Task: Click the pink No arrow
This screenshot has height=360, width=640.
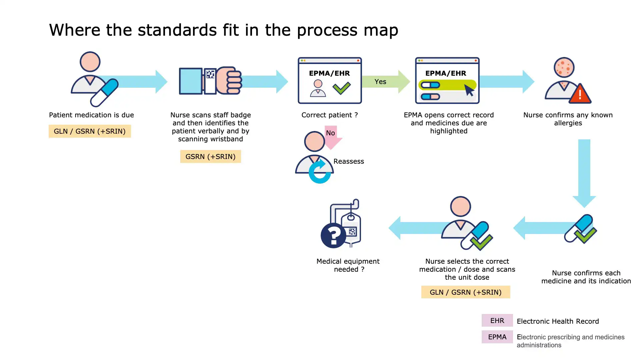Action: pyautogui.click(x=332, y=136)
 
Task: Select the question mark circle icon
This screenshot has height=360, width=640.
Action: pyautogui.click(x=333, y=235)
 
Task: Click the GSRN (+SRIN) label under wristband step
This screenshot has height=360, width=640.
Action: pyautogui.click(x=210, y=157)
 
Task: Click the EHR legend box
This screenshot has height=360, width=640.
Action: pyautogui.click(x=497, y=321)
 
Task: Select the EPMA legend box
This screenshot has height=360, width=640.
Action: pyautogui.click(x=497, y=337)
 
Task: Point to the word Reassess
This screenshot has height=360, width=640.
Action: pyautogui.click(x=349, y=161)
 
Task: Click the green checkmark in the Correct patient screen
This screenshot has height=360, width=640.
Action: pyautogui.click(x=342, y=88)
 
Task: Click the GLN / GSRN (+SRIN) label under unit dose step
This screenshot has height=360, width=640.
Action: pyautogui.click(x=465, y=292)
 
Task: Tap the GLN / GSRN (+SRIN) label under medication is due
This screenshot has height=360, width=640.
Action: pyautogui.click(x=90, y=131)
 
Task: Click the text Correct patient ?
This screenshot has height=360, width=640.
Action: pyautogui.click(x=329, y=115)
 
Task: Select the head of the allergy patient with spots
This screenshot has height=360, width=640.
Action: pyautogui.click(x=564, y=67)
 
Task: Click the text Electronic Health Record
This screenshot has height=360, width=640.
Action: pyautogui.click(x=558, y=321)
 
